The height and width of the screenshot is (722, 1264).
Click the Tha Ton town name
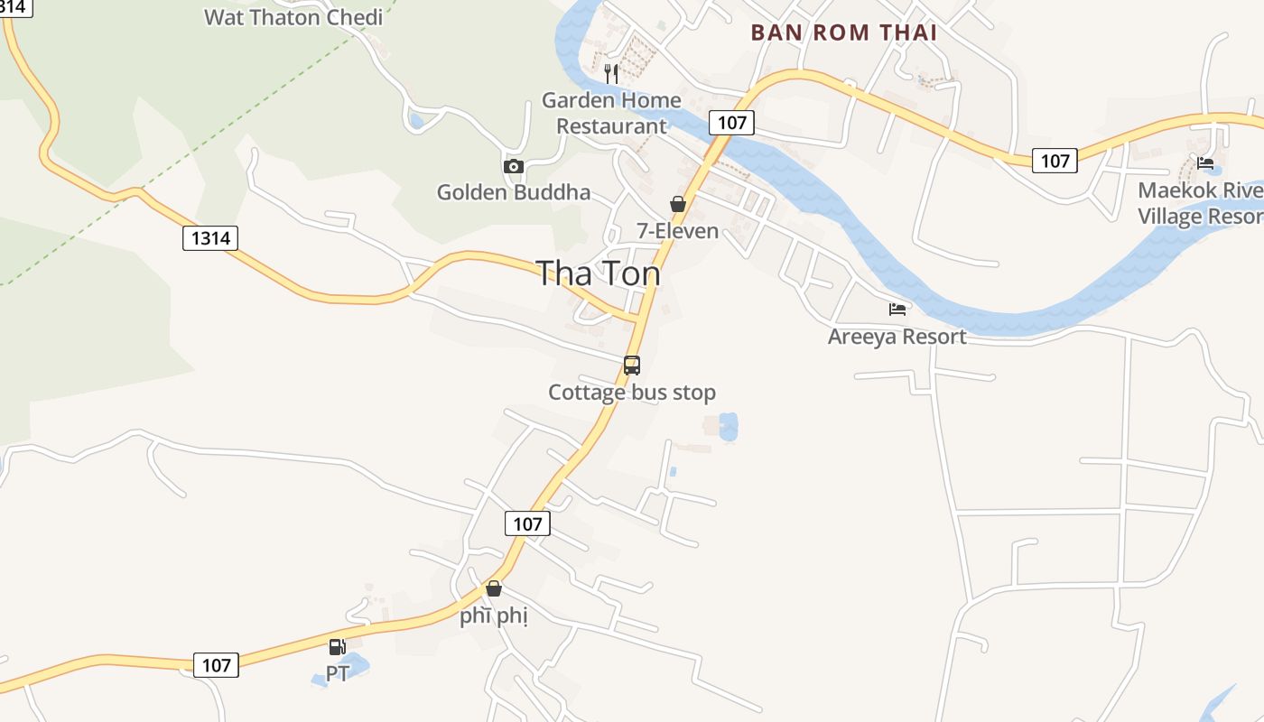[x=598, y=273]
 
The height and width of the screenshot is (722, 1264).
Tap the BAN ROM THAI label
[x=843, y=32]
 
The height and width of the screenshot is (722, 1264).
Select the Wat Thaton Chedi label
[x=293, y=17]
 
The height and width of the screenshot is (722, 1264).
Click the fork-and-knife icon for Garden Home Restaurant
[x=611, y=72]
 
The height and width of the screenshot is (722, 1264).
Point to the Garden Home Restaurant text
[x=611, y=113]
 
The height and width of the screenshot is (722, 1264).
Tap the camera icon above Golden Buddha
[x=514, y=166]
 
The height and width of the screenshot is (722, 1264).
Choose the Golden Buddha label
[x=514, y=192]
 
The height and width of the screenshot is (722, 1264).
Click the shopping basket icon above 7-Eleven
[x=678, y=205]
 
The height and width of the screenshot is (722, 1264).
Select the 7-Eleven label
[x=678, y=231]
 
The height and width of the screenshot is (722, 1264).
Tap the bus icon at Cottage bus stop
[x=632, y=366]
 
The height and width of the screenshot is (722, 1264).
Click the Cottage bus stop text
[x=632, y=393]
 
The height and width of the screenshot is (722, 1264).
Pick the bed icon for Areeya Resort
[x=897, y=310]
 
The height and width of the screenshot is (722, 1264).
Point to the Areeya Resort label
[x=897, y=337]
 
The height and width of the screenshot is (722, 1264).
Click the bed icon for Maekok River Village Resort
[x=1205, y=163]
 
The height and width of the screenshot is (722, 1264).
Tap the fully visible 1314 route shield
[x=210, y=238]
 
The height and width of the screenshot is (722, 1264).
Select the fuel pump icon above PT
[x=337, y=647]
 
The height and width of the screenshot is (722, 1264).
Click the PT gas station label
[x=337, y=674]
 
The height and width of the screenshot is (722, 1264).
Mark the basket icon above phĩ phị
[x=494, y=589]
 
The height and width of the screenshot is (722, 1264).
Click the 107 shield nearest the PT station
[x=217, y=665]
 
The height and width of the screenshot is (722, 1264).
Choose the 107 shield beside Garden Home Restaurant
[x=731, y=123]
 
